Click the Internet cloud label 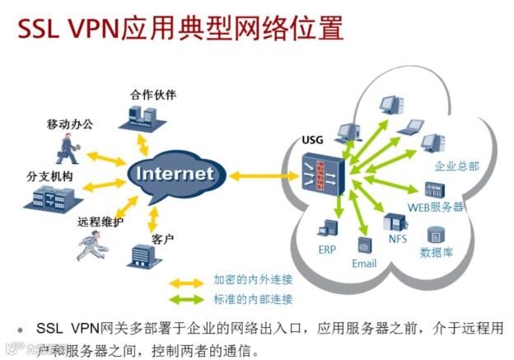[x=174, y=174]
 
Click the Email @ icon [x=363, y=245]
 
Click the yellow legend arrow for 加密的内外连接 [x=185, y=282]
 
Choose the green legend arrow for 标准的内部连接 [x=185, y=299]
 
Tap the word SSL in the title [x=35, y=28]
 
